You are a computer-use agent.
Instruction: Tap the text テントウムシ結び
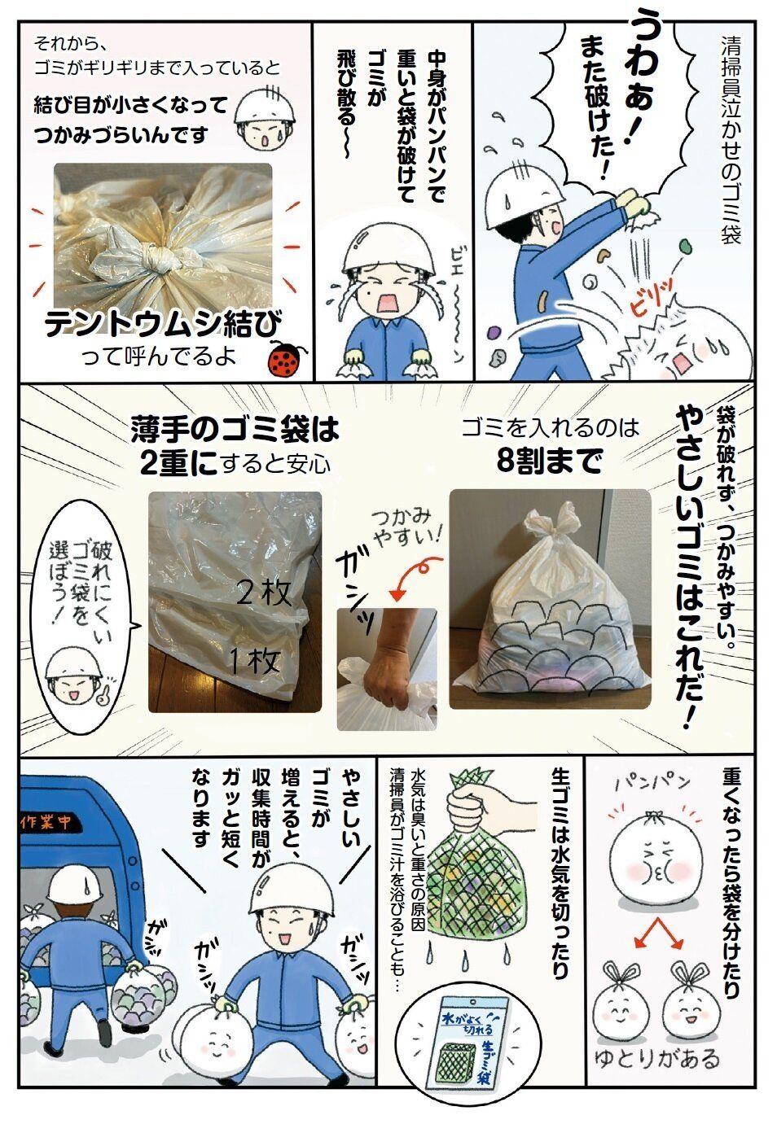163,325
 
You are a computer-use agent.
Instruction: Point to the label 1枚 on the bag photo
254,661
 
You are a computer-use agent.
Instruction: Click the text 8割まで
550,460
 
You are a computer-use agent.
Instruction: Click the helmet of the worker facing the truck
76,882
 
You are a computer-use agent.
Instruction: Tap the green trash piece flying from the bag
683,247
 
